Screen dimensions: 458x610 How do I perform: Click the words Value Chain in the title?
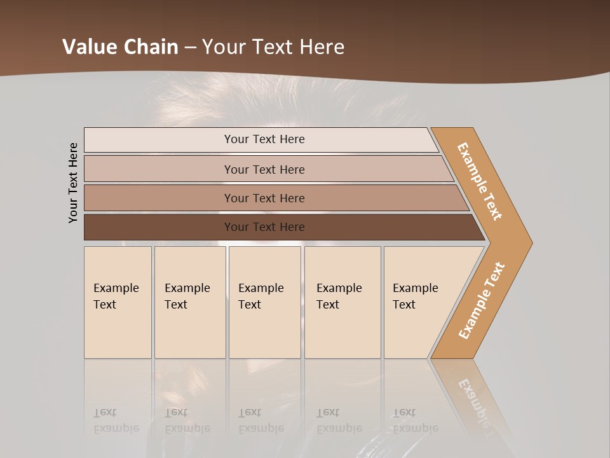(x=121, y=47)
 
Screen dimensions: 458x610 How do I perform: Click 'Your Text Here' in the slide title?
(x=273, y=47)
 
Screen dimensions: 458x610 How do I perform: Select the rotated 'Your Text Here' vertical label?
(x=73, y=183)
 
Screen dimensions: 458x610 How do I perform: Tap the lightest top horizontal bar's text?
(x=264, y=139)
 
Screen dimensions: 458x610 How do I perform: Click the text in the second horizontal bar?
(x=264, y=170)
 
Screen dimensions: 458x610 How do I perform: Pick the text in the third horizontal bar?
(x=264, y=198)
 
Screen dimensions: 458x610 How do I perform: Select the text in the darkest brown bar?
(x=264, y=227)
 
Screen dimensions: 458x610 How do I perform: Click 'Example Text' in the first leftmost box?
(x=116, y=296)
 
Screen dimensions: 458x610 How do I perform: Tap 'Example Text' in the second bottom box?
(x=187, y=296)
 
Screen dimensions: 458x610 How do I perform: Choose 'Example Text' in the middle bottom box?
(x=261, y=296)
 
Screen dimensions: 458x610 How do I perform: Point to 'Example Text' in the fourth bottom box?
(x=339, y=296)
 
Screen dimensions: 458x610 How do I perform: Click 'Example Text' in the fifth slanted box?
(x=415, y=296)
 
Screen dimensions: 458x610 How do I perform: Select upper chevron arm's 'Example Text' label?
(x=480, y=181)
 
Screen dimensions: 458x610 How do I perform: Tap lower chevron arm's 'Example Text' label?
(x=481, y=301)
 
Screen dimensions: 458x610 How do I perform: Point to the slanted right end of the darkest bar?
(x=478, y=228)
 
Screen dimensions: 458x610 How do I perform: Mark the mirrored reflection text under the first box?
(x=116, y=421)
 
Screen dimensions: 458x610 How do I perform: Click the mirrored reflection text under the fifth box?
(x=415, y=421)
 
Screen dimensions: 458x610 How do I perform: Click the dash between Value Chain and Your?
(x=190, y=48)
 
